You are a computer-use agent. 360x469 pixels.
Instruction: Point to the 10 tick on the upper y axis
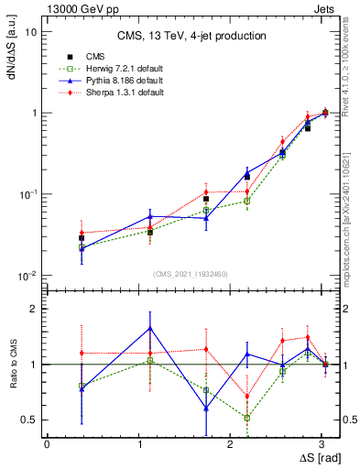(32, 31)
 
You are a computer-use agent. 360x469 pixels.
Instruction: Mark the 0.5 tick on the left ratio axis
(31, 420)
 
